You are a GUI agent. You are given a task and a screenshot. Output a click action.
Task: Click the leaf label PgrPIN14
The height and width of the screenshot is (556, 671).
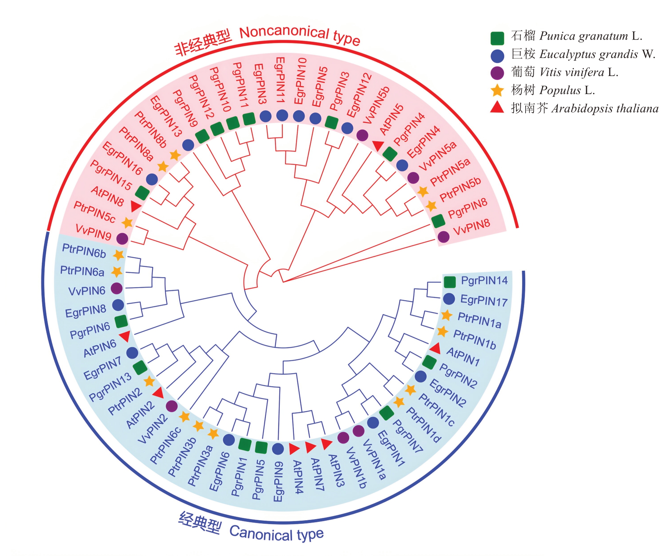point(484,281)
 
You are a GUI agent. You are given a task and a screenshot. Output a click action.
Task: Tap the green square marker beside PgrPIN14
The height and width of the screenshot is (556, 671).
point(450,282)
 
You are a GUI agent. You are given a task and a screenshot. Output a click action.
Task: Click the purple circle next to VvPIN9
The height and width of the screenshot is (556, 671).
point(122,238)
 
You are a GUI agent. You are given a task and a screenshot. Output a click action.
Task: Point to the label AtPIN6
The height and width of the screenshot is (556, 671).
point(100,348)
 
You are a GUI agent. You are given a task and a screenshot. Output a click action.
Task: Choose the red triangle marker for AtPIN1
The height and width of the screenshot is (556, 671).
point(435,349)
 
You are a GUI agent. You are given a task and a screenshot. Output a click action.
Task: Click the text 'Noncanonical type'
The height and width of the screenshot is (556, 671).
point(300,36)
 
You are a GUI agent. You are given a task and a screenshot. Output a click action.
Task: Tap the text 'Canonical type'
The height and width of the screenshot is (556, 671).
point(276,534)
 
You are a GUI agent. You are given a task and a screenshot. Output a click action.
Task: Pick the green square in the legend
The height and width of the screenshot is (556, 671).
point(497,38)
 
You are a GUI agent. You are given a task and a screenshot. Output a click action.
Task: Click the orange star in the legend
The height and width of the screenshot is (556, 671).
point(497,91)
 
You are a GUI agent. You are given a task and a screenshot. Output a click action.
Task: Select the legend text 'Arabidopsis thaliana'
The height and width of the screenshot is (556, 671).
point(605,109)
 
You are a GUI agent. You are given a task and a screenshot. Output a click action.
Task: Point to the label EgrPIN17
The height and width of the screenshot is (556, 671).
point(484,301)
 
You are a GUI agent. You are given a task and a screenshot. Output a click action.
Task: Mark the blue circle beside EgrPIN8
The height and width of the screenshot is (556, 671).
point(118,305)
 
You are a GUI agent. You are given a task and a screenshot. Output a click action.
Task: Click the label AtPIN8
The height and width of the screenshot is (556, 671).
point(107,196)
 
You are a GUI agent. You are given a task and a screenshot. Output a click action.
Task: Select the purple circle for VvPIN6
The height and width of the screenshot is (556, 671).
point(117,288)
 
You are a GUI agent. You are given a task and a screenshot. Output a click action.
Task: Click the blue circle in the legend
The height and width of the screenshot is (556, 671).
point(497,56)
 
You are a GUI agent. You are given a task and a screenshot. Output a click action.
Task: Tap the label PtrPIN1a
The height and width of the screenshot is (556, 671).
point(480,321)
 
